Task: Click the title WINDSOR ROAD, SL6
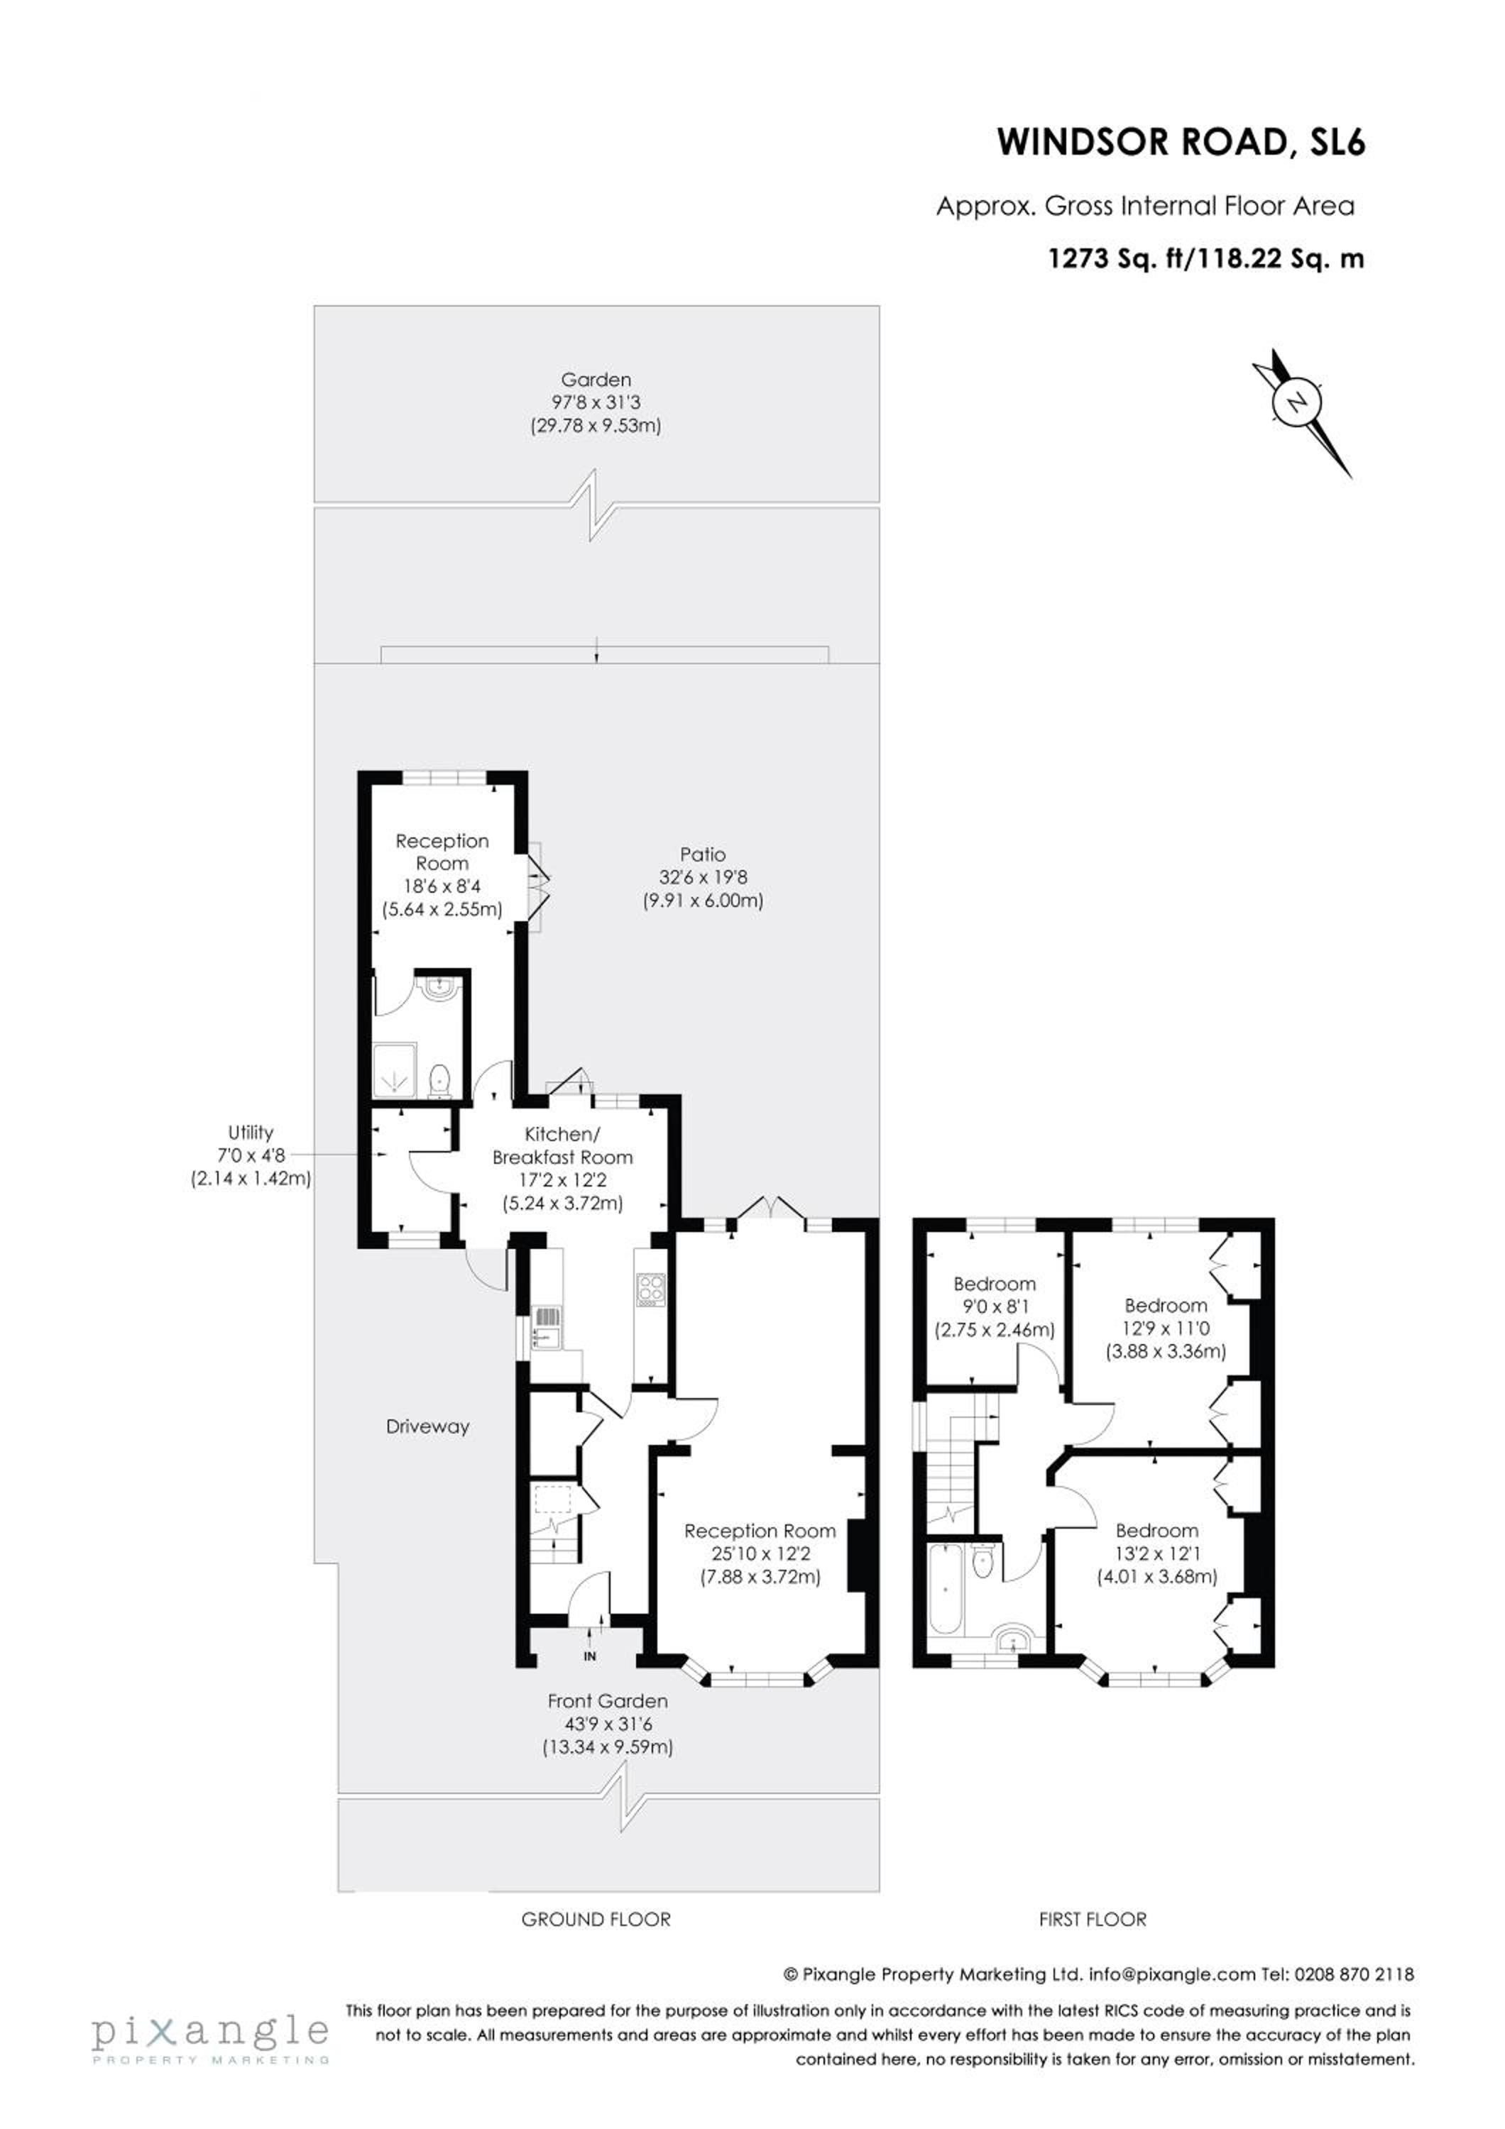1181,142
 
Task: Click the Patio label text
702,854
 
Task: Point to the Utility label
251,1131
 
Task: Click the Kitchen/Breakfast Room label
563,1145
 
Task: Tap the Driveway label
427,1426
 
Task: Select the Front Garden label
608,1700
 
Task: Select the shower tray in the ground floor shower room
395,1071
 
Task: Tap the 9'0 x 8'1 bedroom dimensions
994,1306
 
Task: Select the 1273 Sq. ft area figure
1117,259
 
